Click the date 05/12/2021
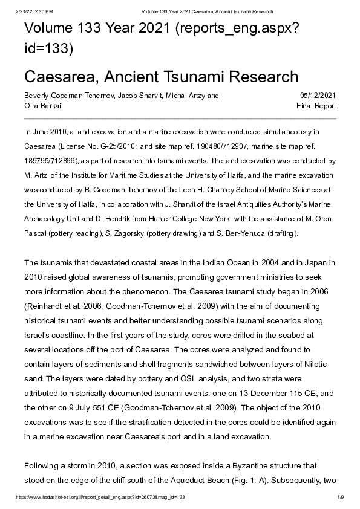click(318, 96)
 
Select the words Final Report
click(316, 106)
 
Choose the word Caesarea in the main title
click(59, 77)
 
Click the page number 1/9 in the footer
click(340, 496)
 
